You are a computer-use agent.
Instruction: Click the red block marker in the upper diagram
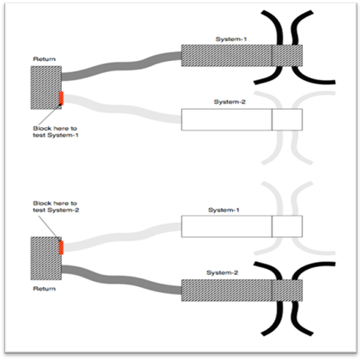pos(61,98)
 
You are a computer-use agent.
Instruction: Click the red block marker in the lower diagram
pos(61,247)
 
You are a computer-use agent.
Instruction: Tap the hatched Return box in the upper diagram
pos(46,88)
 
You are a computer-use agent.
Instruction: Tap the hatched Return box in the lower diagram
pos(46,259)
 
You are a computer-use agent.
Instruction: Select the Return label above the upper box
pos(44,59)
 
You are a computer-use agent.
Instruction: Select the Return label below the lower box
pos(44,289)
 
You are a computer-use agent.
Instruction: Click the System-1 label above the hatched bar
pos(231,40)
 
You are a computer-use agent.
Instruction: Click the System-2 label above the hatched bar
pos(222,272)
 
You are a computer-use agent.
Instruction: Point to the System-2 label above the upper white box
pos(230,102)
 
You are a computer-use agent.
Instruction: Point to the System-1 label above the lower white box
pos(224,210)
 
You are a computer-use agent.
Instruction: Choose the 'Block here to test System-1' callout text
pos(56,131)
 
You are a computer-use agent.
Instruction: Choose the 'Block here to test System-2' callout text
pos(56,206)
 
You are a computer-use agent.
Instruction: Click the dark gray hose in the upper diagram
pos(121,66)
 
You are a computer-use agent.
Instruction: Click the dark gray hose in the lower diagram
pos(121,280)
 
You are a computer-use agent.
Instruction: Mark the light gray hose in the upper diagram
pos(121,109)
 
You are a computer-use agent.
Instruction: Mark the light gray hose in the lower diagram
pos(121,237)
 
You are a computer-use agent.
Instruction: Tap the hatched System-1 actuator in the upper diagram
pos(242,56)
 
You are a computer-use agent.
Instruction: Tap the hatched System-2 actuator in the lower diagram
pos(242,290)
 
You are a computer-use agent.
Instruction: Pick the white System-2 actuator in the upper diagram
pos(242,119)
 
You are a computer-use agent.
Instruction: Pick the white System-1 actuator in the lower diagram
pos(242,226)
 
